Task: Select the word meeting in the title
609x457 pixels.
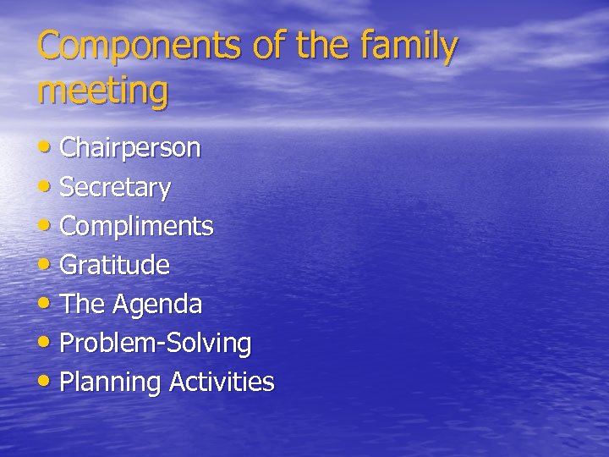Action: (102, 91)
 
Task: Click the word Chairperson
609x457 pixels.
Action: (130, 148)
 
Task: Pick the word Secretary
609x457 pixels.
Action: (115, 187)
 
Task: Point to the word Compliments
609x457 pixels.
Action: (136, 226)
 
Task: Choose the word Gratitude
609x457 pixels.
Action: (115, 265)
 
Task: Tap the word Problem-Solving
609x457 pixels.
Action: (156, 343)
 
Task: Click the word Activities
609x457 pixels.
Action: (222, 382)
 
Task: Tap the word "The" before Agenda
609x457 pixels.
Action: (84, 304)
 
